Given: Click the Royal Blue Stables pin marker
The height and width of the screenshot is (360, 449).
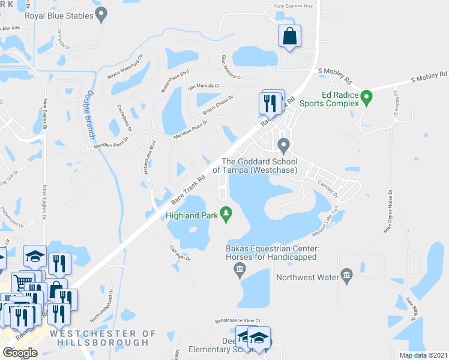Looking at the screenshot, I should pos(101,13).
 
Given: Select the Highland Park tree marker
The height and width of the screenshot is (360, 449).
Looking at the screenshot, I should pos(226,213).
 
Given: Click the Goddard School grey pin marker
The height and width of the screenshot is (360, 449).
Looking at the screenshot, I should pos(284,145).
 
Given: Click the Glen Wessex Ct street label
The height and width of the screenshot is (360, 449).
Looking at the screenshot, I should pos(231,67).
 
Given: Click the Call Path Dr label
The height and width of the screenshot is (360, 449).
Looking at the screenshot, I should pos(179,254).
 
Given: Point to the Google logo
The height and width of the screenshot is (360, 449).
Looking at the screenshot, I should pos(20,352).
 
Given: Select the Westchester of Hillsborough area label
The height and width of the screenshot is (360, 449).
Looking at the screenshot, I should pos(103,338).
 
